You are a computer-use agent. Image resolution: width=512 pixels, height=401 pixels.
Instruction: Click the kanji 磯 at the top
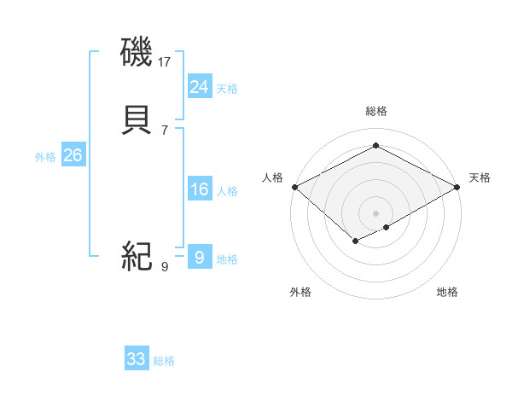(x=137, y=55)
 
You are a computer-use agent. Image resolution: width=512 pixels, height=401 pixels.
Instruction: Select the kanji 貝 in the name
(x=137, y=121)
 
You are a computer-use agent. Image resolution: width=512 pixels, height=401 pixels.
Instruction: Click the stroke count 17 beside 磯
(x=165, y=62)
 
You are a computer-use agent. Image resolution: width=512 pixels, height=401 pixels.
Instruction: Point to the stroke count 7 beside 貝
(x=165, y=130)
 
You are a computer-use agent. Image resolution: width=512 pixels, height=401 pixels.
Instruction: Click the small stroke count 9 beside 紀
(x=165, y=266)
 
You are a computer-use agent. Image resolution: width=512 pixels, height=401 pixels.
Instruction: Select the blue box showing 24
(x=199, y=87)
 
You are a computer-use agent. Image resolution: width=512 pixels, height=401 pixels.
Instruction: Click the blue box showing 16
(x=199, y=189)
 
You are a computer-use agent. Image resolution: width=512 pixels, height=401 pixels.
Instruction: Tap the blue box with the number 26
(x=73, y=155)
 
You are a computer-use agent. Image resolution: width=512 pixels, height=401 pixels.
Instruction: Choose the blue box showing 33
(x=137, y=359)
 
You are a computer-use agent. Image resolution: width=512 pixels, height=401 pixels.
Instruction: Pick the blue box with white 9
(x=199, y=257)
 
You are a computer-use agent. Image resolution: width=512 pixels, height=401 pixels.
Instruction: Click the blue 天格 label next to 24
(x=227, y=89)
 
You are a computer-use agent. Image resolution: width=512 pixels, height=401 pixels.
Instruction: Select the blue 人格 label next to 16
(x=227, y=191)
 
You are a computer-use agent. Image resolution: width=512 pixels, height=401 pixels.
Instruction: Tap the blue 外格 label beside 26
(x=44, y=157)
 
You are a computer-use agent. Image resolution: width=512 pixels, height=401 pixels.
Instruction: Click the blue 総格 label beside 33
(x=164, y=361)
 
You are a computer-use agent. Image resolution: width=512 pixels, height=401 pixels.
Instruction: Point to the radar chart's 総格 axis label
(x=375, y=111)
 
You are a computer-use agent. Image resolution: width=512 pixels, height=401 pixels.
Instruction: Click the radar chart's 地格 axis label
(x=447, y=292)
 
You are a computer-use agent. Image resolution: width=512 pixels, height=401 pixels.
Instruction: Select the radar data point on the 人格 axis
(x=294, y=187)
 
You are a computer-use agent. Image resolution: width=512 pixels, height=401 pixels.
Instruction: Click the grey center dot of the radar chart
(x=375, y=212)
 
